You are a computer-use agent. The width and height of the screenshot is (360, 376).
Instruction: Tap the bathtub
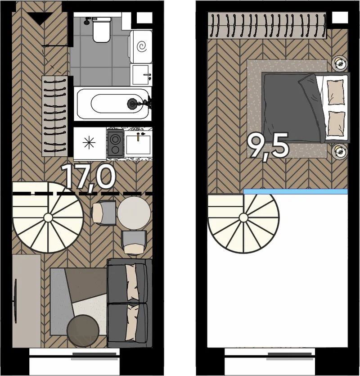click(x=112, y=104)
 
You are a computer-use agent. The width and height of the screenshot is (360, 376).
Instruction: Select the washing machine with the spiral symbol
click(x=141, y=46)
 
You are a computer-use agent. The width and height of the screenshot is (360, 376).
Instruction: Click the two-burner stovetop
click(x=115, y=143)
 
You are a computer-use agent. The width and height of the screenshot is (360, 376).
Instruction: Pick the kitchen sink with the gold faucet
click(x=138, y=145)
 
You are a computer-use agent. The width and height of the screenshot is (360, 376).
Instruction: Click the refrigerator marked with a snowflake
click(x=90, y=143)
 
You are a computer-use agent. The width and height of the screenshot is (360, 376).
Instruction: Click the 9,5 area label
click(x=268, y=145)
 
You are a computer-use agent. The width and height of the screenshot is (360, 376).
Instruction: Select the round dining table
click(x=134, y=213)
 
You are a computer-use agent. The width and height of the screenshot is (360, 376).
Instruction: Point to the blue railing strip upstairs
click(x=295, y=191)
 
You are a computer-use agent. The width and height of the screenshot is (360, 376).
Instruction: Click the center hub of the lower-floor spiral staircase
click(x=48, y=218)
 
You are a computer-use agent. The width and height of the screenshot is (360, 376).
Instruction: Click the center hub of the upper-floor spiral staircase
click(x=243, y=218)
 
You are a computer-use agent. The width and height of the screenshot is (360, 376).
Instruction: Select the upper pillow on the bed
click(x=336, y=92)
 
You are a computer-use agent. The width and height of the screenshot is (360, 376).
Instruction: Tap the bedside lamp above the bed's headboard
click(x=339, y=63)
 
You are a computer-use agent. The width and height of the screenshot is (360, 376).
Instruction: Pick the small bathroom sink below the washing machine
click(x=141, y=75)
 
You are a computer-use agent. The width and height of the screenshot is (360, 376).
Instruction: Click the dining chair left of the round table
click(x=104, y=212)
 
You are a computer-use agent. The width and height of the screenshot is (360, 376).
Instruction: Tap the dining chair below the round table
click(x=134, y=242)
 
